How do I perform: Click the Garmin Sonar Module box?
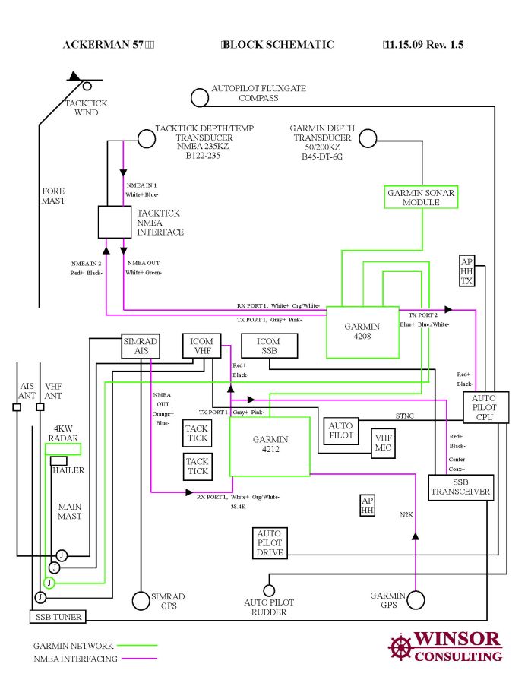click(x=422, y=198)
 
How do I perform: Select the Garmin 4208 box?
click(x=362, y=332)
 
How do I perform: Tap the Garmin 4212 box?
click(x=270, y=446)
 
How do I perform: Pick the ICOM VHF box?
click(x=202, y=346)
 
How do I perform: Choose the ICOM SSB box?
click(x=268, y=346)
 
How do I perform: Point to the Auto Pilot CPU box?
click(x=485, y=408)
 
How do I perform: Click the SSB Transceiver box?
click(x=461, y=487)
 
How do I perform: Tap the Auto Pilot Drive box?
click(x=269, y=544)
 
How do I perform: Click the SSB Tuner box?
click(x=58, y=617)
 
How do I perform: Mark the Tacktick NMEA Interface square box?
click(x=115, y=221)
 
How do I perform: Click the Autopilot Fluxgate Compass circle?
click(x=199, y=97)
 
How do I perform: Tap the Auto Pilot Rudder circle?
click(x=269, y=590)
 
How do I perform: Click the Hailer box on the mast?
click(x=58, y=461)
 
